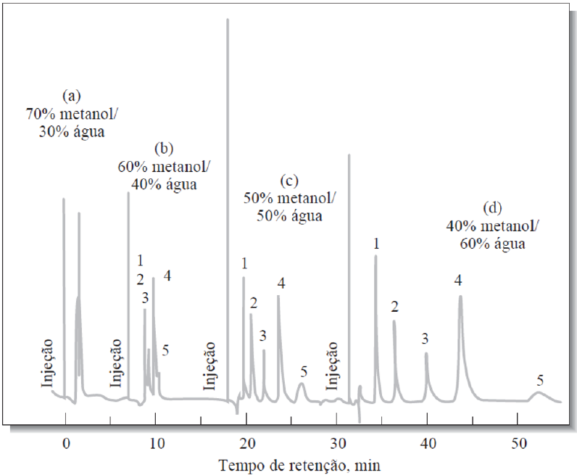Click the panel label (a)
coord(71,95)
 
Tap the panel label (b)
coord(163,149)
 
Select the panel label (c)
coord(289,181)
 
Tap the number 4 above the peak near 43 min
coord(458,280)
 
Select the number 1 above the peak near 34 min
coord(376,241)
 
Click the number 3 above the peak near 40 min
coord(426,339)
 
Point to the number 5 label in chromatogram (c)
coord(304,372)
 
